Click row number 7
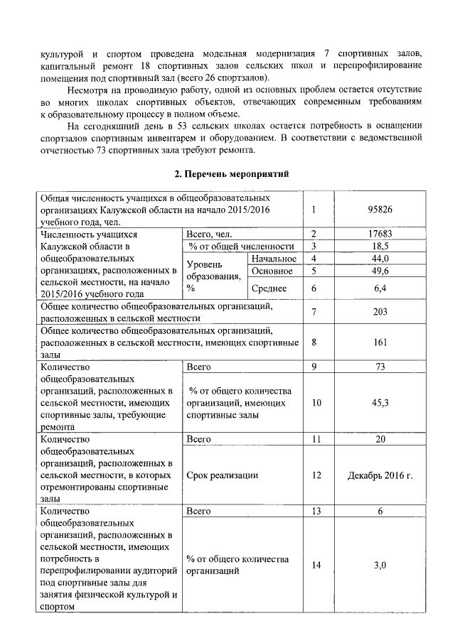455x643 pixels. tap(313, 313)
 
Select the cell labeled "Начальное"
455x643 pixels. tap(274, 259)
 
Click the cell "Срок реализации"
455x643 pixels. tap(223, 474)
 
